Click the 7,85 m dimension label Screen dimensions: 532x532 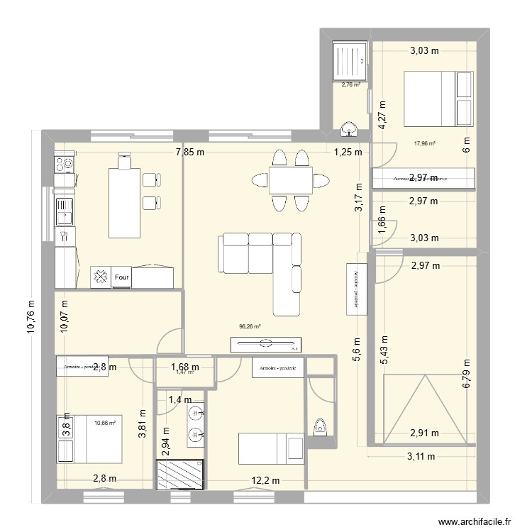tap(191, 152)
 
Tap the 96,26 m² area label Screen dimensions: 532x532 tap(250, 327)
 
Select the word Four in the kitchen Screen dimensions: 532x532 tap(121, 278)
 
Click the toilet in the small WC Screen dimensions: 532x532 tap(320, 427)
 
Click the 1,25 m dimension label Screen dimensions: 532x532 tap(348, 152)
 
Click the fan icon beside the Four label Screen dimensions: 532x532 tap(100, 278)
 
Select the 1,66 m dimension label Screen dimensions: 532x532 tap(382, 225)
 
